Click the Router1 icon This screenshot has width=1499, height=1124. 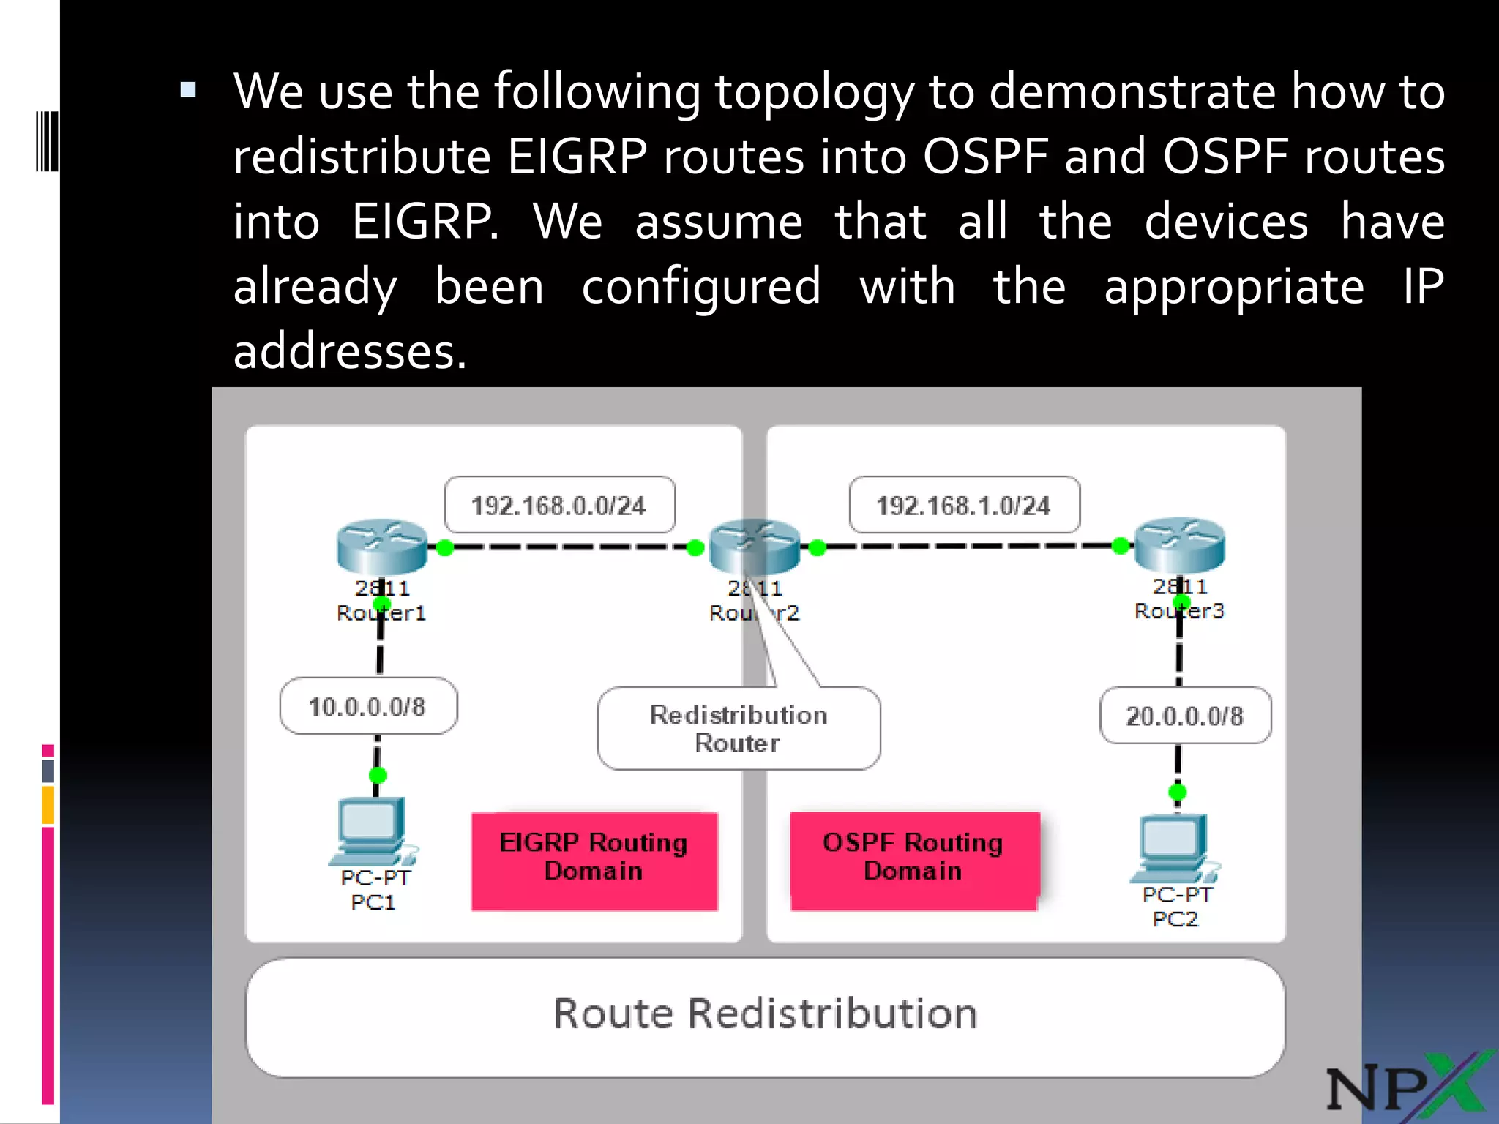pos(381,547)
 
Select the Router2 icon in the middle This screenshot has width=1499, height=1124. pos(754,547)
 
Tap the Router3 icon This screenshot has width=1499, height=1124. pos(1179,545)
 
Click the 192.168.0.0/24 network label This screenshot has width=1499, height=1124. pos(559,505)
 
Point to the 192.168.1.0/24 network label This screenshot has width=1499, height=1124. pos(963,505)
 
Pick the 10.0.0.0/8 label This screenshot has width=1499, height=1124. pos(367,706)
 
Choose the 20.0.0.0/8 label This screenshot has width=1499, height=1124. pos(1184,716)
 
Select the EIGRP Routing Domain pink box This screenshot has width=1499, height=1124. pos(594,861)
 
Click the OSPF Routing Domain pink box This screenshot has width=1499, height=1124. pos(913,861)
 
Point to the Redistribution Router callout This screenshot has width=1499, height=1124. pos(739,728)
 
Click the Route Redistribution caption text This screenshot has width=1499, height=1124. pos(765,1014)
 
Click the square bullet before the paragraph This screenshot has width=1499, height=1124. pos(188,90)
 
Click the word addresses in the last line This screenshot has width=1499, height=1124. pos(349,352)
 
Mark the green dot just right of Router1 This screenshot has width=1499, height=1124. pos(444,547)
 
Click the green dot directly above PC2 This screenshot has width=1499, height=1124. pos(1177,792)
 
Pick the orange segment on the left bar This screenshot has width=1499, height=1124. pos(48,805)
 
